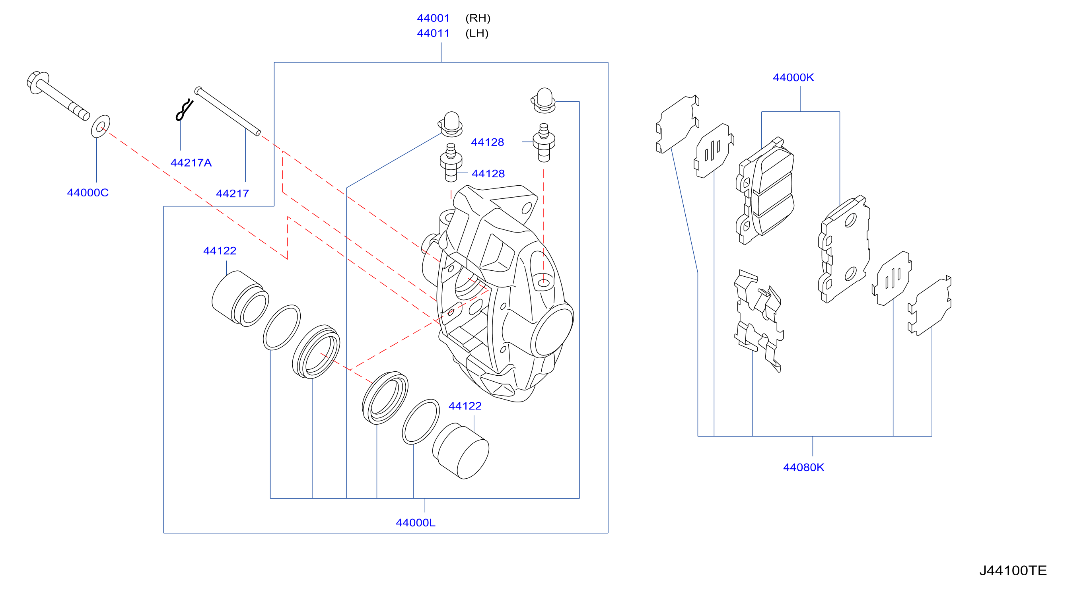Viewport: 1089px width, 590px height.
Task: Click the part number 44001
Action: pyautogui.click(x=433, y=18)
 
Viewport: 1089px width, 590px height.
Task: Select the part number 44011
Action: pyautogui.click(x=433, y=33)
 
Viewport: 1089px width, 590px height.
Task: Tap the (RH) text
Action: pyautogui.click(x=478, y=18)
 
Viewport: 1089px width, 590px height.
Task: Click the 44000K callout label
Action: pyautogui.click(x=793, y=78)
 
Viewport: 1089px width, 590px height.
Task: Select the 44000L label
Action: pyautogui.click(x=415, y=522)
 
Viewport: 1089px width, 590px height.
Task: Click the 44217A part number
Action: pyautogui.click(x=191, y=162)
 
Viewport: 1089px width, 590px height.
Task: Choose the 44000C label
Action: pyautogui.click(x=88, y=192)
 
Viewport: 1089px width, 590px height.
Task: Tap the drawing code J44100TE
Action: pyautogui.click(x=1013, y=570)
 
